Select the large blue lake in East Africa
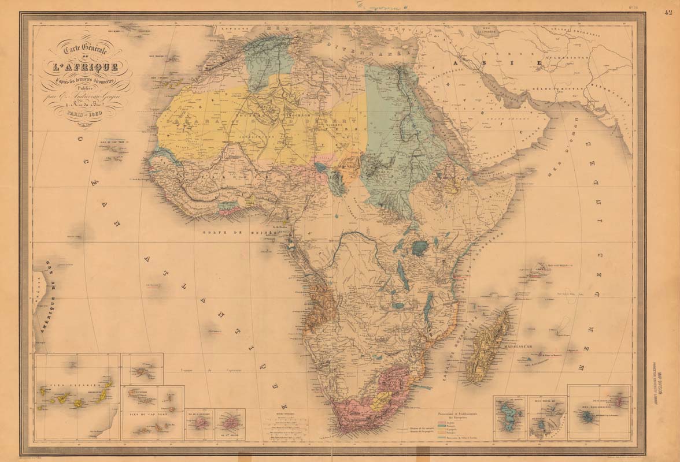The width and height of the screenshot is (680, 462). (419, 248)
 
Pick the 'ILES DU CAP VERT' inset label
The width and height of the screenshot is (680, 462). (142, 413)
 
